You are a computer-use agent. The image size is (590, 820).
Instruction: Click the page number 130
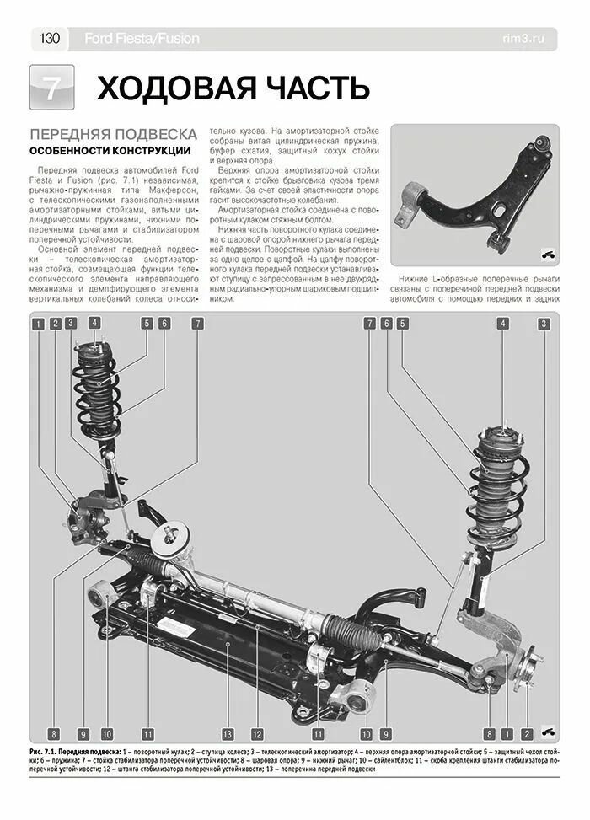(49, 38)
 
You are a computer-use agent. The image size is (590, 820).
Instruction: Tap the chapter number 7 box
(51, 88)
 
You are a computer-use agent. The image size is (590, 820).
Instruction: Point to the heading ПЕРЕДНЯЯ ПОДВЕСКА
(114, 134)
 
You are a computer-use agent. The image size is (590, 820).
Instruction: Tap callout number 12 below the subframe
(256, 732)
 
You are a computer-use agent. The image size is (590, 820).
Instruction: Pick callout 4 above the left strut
(94, 322)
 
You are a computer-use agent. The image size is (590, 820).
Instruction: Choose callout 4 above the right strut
(502, 323)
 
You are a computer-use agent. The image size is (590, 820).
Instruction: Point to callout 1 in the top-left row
(39, 323)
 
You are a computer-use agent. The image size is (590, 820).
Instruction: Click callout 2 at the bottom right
(526, 732)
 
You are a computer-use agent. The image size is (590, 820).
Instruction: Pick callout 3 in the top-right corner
(544, 323)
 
